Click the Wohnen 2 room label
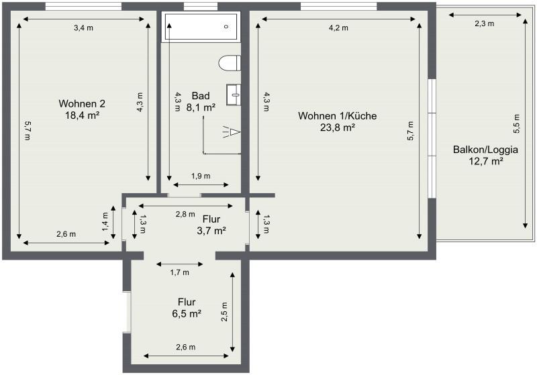(x=82, y=104)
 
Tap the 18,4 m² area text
(x=82, y=115)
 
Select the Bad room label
(x=200, y=95)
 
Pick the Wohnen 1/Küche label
(x=337, y=116)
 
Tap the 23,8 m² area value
(x=337, y=127)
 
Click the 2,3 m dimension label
(x=484, y=23)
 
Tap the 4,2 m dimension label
(x=338, y=28)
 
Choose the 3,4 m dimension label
(x=83, y=28)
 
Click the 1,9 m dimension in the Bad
(x=201, y=176)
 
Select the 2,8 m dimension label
(x=185, y=215)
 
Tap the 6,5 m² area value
(x=187, y=313)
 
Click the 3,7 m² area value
(x=211, y=230)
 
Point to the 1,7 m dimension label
(x=179, y=272)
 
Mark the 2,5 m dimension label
(x=224, y=312)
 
